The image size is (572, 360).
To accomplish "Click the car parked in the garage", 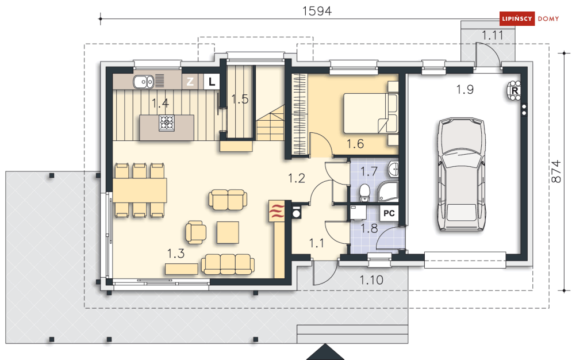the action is [x=462, y=174].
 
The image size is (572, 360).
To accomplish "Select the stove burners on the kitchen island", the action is [x=167, y=123].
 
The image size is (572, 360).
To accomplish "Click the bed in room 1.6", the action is [x=370, y=113].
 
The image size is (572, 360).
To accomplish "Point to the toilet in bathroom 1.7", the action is [x=364, y=193].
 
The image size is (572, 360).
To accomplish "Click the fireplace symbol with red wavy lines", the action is [x=277, y=211].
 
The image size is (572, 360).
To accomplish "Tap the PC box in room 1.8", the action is [x=389, y=213].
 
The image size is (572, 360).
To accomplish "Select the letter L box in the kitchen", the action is [x=212, y=82].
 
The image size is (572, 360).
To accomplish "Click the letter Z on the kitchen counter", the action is [x=190, y=82].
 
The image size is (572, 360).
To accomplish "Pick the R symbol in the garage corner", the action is [x=515, y=90].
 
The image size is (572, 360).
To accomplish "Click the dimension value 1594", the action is [x=317, y=11].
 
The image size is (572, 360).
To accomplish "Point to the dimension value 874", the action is [x=555, y=171].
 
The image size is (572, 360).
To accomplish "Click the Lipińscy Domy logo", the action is [x=529, y=18].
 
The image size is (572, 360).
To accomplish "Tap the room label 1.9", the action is [x=464, y=89].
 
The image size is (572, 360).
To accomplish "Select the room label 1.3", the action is [x=176, y=254].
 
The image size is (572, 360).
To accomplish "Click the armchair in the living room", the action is [x=195, y=232].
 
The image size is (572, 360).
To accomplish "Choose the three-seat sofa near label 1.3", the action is [x=228, y=264].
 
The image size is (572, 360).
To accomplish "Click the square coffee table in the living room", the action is [x=228, y=232].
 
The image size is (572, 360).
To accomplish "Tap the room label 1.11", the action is [x=493, y=36].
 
